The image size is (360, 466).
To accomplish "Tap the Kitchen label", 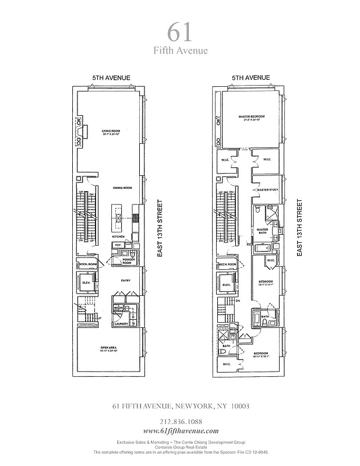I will pos(119,236).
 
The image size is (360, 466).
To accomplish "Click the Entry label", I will pos(125,281).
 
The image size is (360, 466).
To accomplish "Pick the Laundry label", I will pos(121,323).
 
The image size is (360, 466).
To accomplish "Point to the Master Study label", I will pos(266,190).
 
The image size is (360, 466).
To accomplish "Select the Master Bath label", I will pos(262,231).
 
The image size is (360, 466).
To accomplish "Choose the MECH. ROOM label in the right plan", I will pos(227,265).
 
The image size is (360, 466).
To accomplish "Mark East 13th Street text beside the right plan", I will pos(299,227).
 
